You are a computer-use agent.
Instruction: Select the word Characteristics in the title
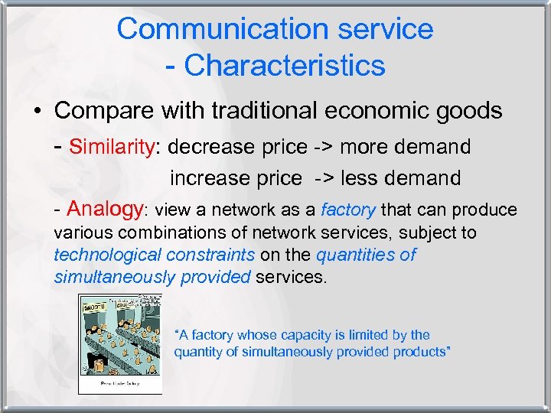point(285,65)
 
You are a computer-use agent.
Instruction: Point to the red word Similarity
point(112,146)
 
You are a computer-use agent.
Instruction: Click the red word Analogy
point(105,209)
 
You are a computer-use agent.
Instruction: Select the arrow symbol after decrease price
point(321,146)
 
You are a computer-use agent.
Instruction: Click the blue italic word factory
point(348,210)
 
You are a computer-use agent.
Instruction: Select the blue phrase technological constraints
point(154,255)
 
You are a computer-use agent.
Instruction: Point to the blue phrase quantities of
point(366,255)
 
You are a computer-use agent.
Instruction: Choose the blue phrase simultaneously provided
point(152,276)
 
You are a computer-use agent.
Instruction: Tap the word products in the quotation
point(421,352)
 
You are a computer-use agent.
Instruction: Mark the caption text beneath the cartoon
point(119,385)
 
